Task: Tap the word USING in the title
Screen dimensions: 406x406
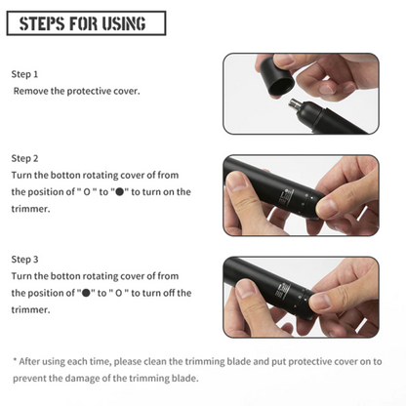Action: point(124,23)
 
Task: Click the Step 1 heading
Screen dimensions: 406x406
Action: point(24,74)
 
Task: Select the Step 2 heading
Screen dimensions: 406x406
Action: point(24,158)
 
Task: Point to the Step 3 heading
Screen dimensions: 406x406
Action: point(24,260)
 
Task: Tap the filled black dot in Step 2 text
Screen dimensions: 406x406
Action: point(120,191)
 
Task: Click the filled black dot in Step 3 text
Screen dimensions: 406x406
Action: point(86,293)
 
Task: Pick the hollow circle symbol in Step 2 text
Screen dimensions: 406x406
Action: point(87,192)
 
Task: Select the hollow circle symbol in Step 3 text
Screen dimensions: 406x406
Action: point(119,293)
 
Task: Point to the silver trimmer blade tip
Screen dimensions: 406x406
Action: point(295,104)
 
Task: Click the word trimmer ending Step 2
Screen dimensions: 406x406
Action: point(30,209)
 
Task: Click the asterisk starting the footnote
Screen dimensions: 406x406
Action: point(15,360)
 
